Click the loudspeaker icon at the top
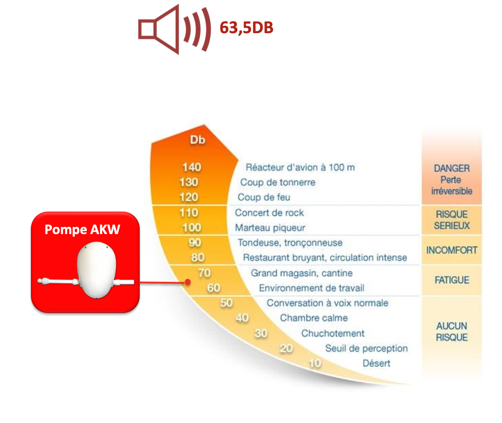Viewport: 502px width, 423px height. tap(174, 29)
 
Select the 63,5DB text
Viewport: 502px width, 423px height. tap(247, 27)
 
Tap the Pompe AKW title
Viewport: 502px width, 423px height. tap(82, 229)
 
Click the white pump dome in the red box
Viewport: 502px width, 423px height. tap(97, 270)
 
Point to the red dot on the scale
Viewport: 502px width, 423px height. tap(188, 282)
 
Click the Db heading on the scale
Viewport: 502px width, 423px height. tap(197, 140)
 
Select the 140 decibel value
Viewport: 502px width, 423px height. tap(191, 167)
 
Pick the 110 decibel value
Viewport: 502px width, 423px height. tap(189, 212)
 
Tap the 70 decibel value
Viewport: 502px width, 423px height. tap(204, 273)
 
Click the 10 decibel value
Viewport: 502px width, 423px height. tap(315, 363)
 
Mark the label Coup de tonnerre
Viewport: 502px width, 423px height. tap(278, 182)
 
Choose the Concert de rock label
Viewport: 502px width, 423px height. tap(269, 213)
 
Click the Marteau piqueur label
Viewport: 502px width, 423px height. tap(270, 228)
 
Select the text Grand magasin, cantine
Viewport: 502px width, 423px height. tap(301, 273)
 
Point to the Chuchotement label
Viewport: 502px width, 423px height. tap(332, 334)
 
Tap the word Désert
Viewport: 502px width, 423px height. tap(376, 363)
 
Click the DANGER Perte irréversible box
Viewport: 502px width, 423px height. tap(452, 180)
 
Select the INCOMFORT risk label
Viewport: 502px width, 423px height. tap(452, 250)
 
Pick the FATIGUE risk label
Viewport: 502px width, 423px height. tap(452, 280)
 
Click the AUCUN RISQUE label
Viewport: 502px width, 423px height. tap(452, 331)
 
